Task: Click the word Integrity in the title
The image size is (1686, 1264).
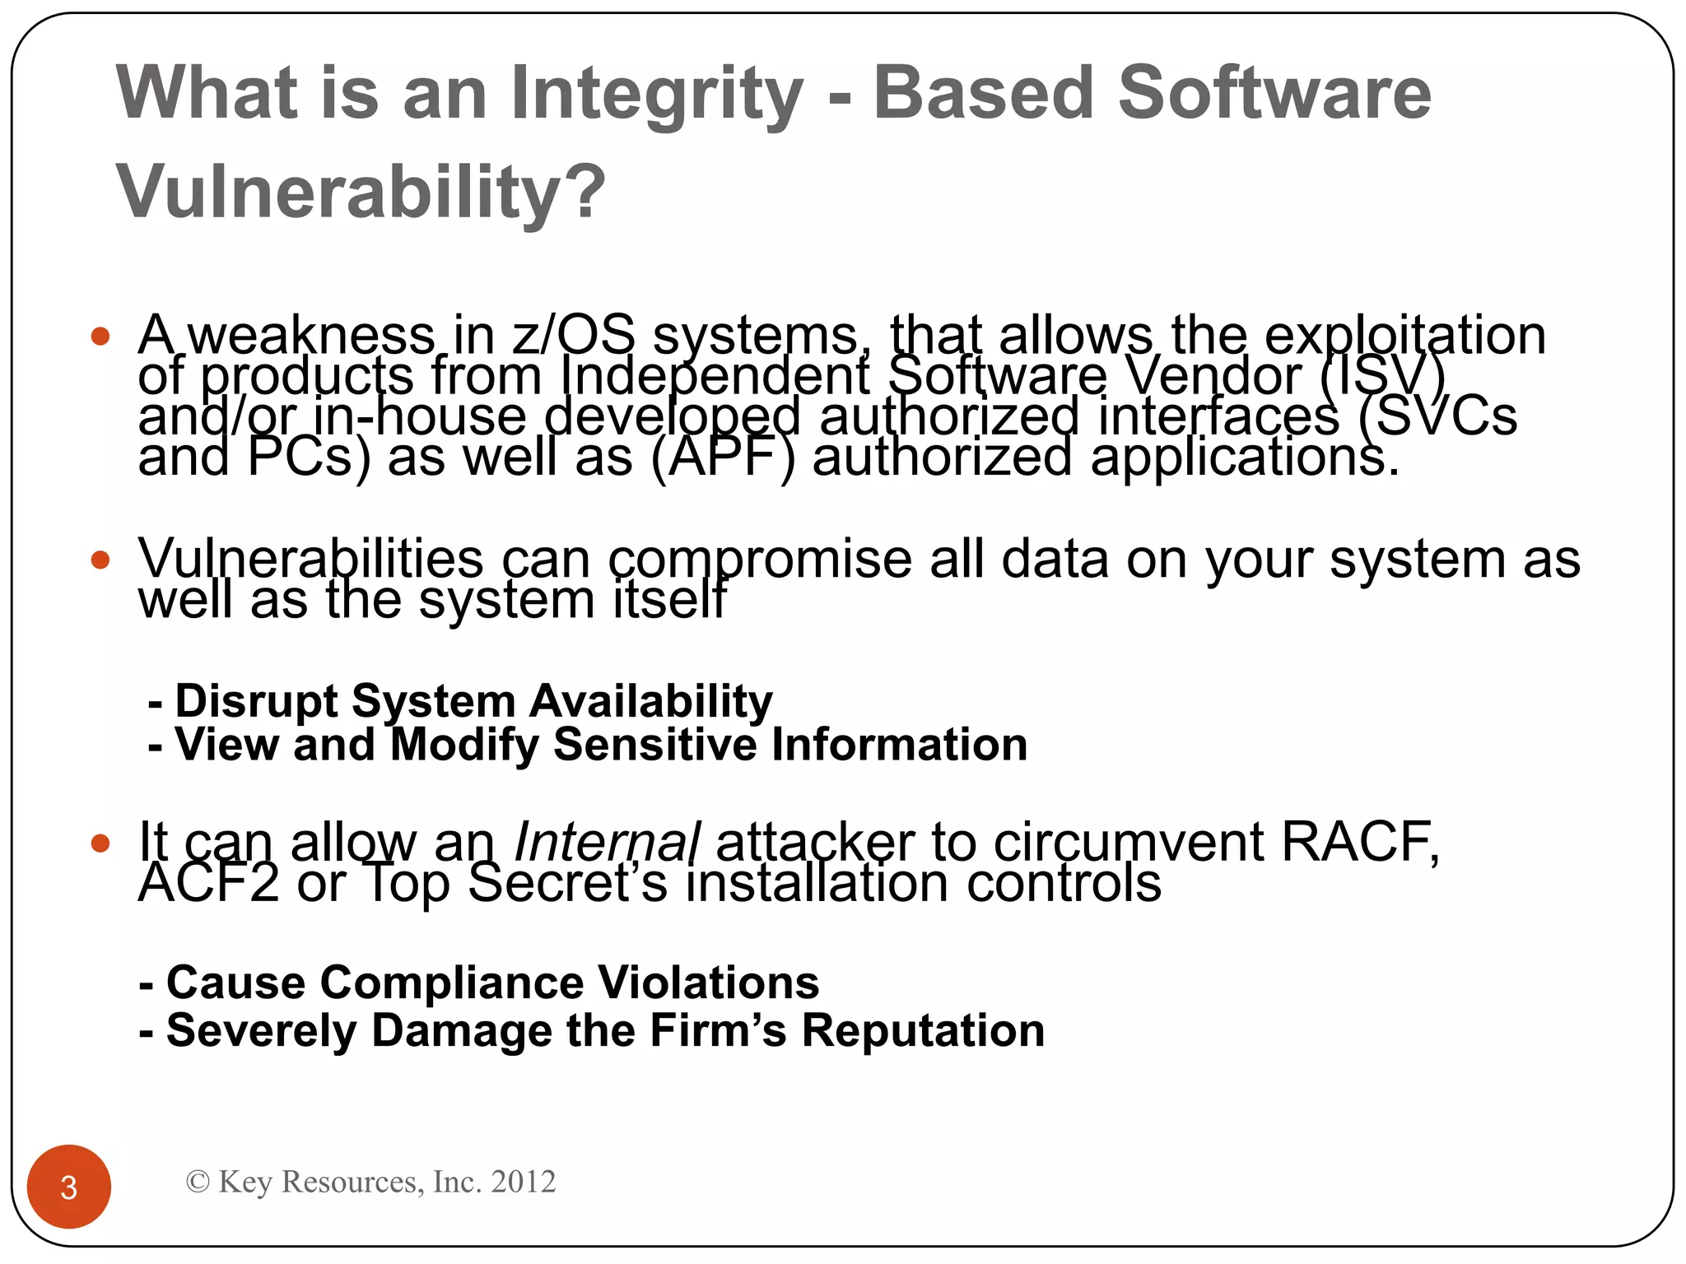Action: (x=656, y=93)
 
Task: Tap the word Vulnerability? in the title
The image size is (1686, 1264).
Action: (x=361, y=192)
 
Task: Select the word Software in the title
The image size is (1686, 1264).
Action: (x=1274, y=93)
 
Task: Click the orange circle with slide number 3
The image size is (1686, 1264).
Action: (x=69, y=1187)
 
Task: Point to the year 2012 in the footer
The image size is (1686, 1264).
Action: (x=523, y=1182)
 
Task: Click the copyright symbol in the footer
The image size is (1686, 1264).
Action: (x=198, y=1182)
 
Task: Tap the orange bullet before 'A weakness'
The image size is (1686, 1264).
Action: (x=100, y=337)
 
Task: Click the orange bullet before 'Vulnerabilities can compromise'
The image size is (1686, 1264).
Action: (x=100, y=560)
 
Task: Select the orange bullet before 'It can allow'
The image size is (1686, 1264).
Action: (x=100, y=843)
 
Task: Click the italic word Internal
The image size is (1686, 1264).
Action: (x=607, y=843)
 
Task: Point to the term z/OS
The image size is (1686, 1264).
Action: (x=573, y=336)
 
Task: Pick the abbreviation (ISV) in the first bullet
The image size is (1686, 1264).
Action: (x=1383, y=376)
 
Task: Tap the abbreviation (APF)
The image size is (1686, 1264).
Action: (x=723, y=458)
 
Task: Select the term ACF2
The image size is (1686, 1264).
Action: (x=209, y=884)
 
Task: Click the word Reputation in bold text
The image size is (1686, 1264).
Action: (x=923, y=1031)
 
